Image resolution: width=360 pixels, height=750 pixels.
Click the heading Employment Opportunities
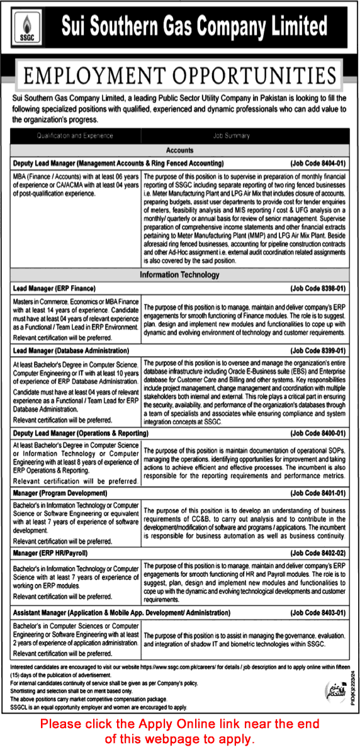click(180, 75)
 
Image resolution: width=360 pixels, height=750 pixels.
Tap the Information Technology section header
click(179, 275)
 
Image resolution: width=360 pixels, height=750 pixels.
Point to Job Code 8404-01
click(318, 163)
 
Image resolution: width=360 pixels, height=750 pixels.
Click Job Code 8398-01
click(318, 288)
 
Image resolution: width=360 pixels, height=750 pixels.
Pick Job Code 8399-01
click(318, 350)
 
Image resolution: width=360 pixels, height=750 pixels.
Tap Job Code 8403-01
click(318, 611)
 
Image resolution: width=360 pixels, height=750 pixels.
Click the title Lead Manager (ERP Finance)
click(54, 288)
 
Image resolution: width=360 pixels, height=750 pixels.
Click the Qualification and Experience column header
click(75, 135)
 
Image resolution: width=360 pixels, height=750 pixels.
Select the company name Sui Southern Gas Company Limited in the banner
click(194, 27)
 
